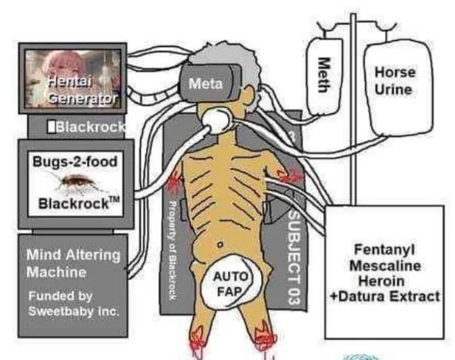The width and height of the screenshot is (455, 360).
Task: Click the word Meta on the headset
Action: (206, 84)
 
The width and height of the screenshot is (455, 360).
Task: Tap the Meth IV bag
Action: (324, 76)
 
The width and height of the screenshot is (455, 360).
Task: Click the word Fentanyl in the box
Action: (384, 249)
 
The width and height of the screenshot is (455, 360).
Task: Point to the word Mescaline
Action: (385, 265)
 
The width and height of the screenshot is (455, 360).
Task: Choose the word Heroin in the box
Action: (381, 281)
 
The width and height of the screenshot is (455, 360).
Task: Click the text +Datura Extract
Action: (385, 296)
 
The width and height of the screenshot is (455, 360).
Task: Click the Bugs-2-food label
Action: (75, 162)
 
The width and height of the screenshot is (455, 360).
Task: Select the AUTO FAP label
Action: (230, 284)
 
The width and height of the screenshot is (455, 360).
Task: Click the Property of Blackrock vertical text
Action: (172, 251)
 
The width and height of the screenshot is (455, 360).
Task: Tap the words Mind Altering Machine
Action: (73, 264)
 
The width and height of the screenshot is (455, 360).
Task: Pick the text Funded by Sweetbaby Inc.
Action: (74, 304)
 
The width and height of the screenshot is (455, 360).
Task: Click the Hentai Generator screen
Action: (73, 78)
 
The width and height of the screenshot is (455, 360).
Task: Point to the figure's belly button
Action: (220, 245)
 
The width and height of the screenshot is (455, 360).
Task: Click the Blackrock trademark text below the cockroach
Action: (79, 203)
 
